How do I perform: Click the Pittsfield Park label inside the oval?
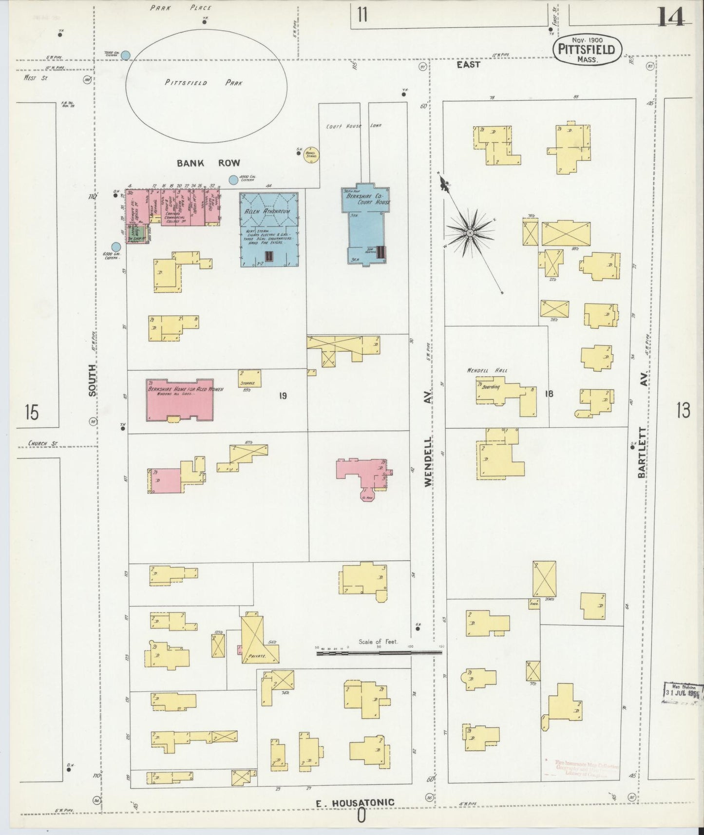tap(204, 83)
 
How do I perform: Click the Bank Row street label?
tap(208, 163)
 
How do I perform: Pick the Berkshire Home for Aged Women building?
tap(180, 399)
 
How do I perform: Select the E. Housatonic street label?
tap(355, 802)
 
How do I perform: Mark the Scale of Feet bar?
tap(379, 652)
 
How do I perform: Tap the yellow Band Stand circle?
tap(311, 154)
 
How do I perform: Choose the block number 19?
tap(283, 396)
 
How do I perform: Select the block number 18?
tap(549, 394)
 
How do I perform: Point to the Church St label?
tap(43, 443)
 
